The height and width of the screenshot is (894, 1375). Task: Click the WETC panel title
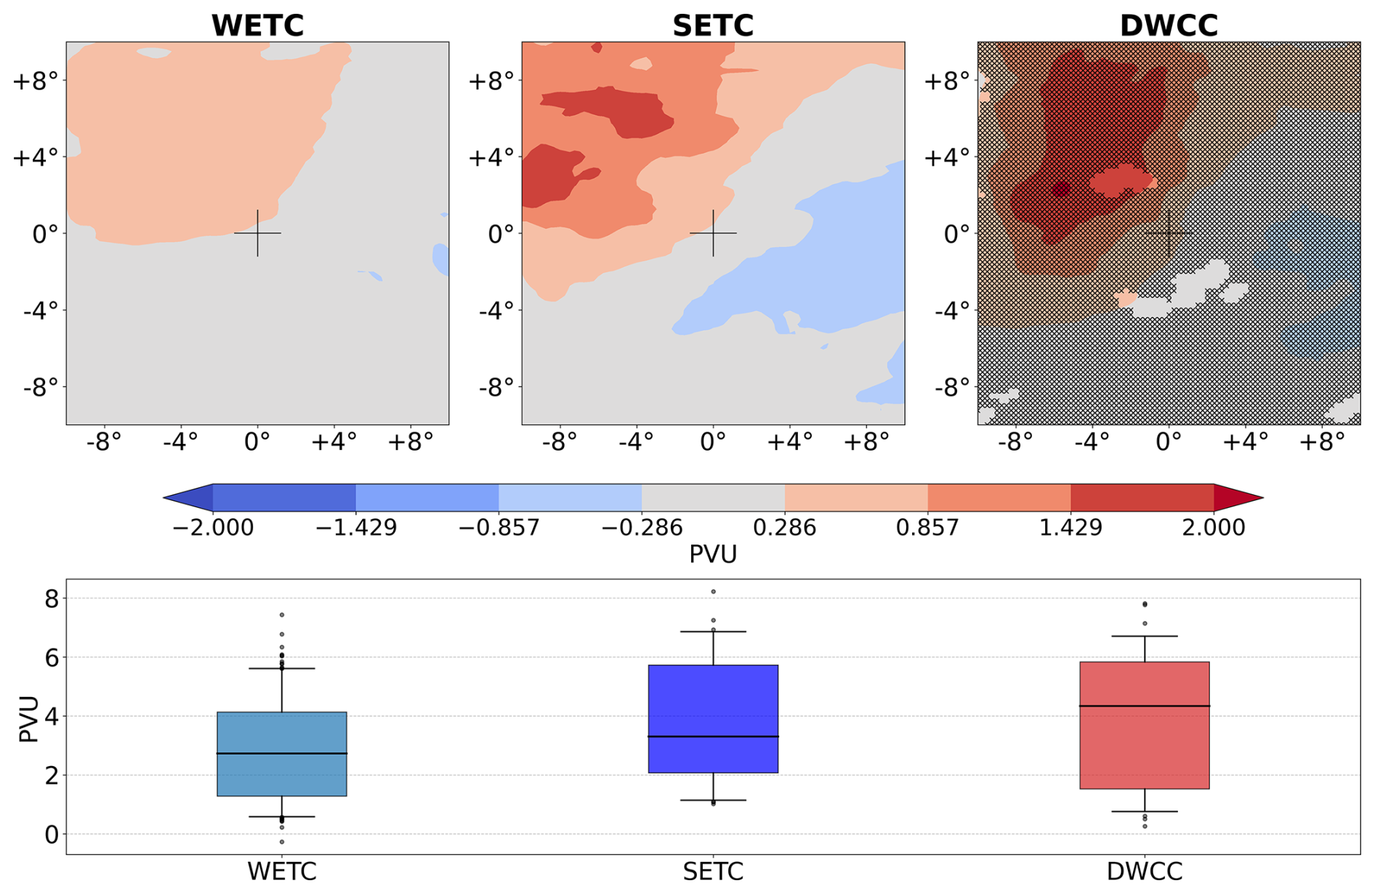coord(257,25)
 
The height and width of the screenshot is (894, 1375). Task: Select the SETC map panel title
coord(713,25)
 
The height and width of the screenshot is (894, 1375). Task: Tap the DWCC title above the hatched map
coord(1169,25)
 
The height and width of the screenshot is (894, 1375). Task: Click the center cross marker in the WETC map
coord(257,233)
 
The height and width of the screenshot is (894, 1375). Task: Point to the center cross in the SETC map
coord(713,233)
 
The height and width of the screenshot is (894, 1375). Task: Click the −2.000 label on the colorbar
coord(213,527)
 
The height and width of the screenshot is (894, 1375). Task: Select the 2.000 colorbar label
coord(1213,527)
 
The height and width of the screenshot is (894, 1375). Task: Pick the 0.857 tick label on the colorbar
coord(927,527)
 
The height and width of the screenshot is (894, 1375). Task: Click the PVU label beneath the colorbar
coord(713,555)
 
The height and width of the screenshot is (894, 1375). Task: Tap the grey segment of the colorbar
coord(713,498)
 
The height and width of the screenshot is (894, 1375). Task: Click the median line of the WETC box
coord(282,753)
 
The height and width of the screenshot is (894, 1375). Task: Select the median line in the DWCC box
coord(1145,706)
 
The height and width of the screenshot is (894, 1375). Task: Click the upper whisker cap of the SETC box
coord(713,632)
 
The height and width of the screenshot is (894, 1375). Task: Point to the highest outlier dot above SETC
coord(714,592)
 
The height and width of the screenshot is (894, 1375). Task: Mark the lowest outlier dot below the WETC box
coord(282,842)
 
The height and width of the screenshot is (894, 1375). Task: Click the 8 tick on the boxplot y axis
coord(51,599)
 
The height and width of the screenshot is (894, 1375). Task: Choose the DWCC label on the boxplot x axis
coord(1145,871)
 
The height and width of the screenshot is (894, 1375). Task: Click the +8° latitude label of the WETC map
coord(35,81)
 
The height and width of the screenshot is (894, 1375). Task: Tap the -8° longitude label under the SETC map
coord(560,441)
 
